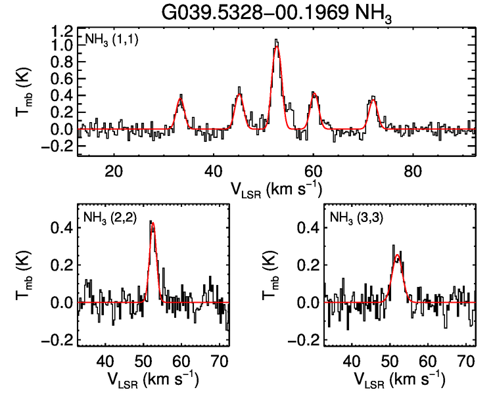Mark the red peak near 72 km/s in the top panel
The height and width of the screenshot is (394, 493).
click(373, 100)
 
